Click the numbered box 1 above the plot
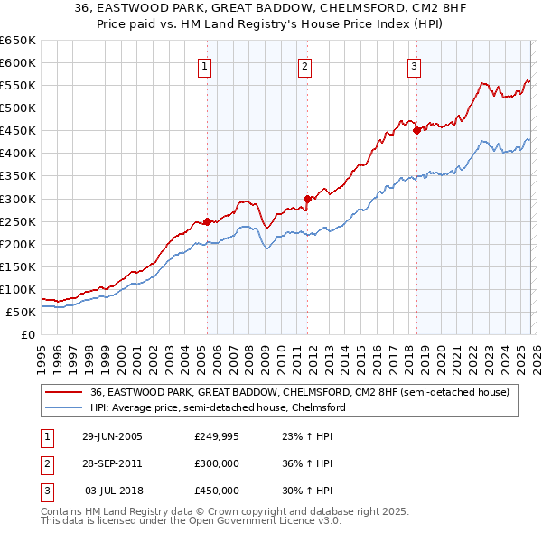[206, 66]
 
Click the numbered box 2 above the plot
[305, 66]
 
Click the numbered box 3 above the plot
[414, 66]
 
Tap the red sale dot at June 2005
[207, 220]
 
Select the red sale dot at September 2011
[307, 199]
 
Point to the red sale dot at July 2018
[416, 130]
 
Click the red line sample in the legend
[63, 392]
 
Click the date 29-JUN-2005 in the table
[112, 436]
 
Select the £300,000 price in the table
[217, 463]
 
